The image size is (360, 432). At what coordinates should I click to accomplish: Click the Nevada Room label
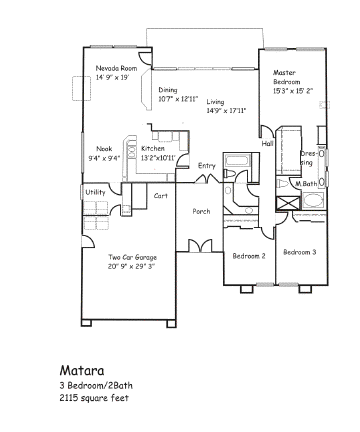tap(116, 68)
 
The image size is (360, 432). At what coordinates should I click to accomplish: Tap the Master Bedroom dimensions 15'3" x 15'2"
tap(293, 91)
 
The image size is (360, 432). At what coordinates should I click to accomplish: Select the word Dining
tap(168, 90)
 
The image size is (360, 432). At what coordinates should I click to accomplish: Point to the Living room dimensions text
tap(226, 111)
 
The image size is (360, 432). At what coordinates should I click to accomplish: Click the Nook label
tap(104, 149)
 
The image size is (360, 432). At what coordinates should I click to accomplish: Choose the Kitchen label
tap(153, 148)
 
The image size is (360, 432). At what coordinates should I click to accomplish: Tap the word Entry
tap(207, 166)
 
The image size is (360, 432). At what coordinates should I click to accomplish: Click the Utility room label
tap(95, 192)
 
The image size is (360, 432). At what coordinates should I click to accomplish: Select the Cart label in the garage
tap(161, 196)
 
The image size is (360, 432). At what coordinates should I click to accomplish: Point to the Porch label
tap(201, 211)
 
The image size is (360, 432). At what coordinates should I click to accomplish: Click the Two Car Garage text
tap(132, 257)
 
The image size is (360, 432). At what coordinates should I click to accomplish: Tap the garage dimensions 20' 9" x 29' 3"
tap(132, 266)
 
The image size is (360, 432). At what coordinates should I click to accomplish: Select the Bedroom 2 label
tap(249, 256)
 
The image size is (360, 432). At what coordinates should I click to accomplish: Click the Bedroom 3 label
tap(300, 252)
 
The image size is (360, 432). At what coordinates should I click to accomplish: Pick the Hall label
tap(267, 143)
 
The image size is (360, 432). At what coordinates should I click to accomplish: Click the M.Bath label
tap(306, 184)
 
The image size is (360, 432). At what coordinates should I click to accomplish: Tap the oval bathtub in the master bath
tap(313, 201)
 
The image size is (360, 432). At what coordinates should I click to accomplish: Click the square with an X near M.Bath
tap(288, 203)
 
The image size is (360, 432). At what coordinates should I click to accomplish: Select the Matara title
tap(82, 370)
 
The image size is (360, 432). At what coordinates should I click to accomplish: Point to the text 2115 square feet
tap(94, 398)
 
